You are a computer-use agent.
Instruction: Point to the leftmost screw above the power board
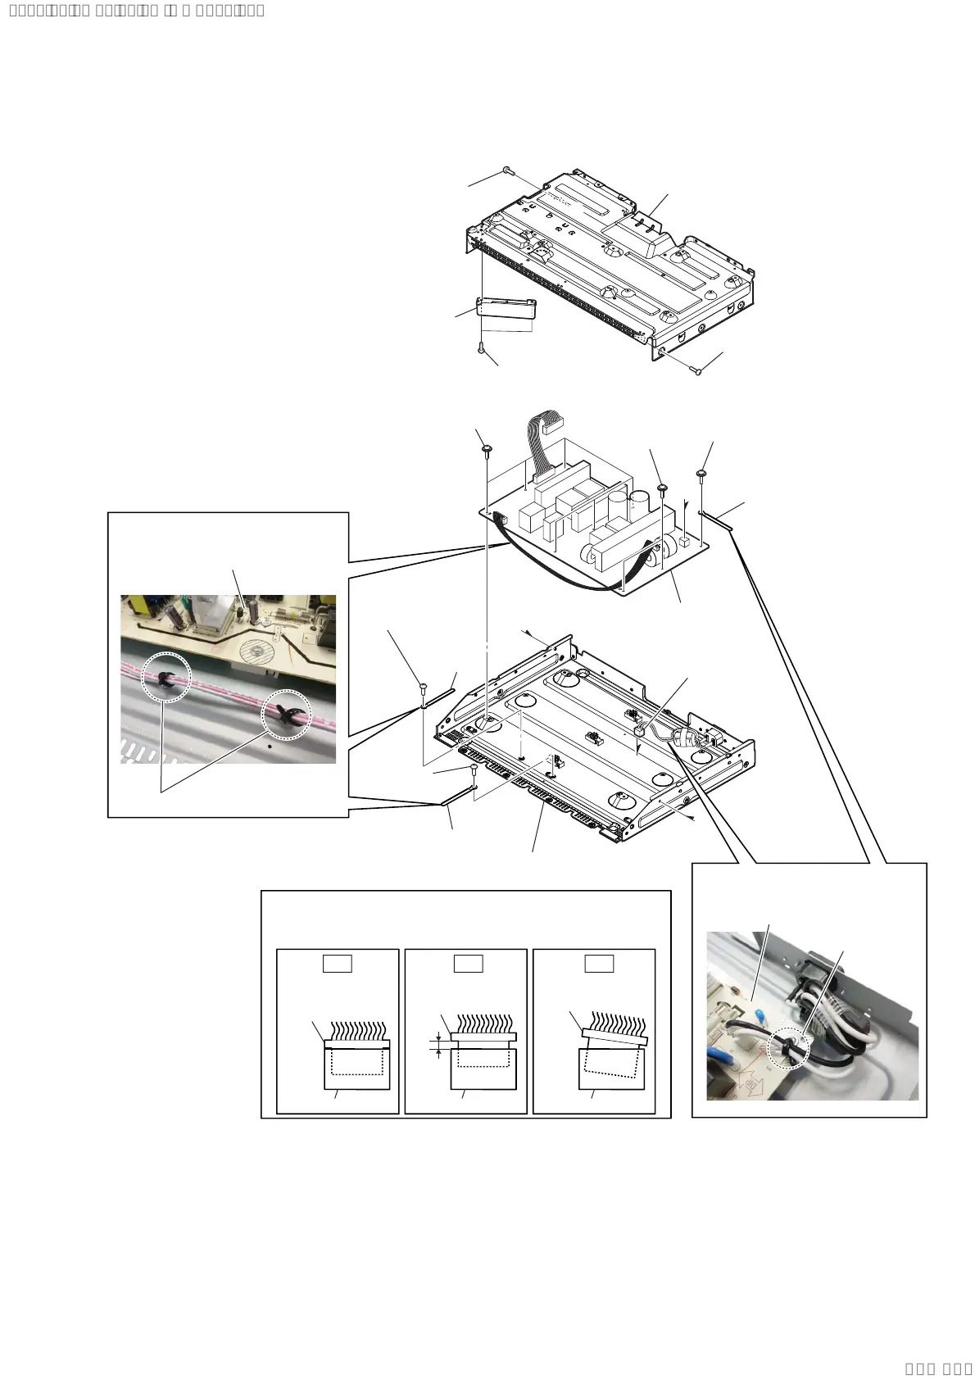click(487, 449)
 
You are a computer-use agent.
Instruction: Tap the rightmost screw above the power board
click(702, 474)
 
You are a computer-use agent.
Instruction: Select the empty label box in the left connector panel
click(337, 964)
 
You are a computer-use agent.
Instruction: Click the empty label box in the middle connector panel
click(468, 964)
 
